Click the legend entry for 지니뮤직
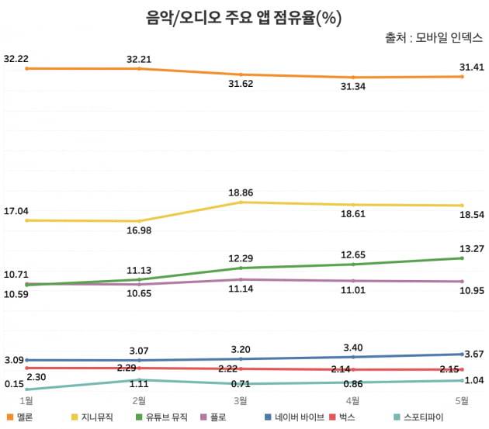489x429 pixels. click(x=96, y=417)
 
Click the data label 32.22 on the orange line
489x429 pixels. click(x=16, y=58)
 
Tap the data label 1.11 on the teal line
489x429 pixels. click(x=140, y=393)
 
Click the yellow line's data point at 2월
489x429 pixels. click(x=140, y=221)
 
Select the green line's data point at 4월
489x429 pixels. click(x=353, y=265)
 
